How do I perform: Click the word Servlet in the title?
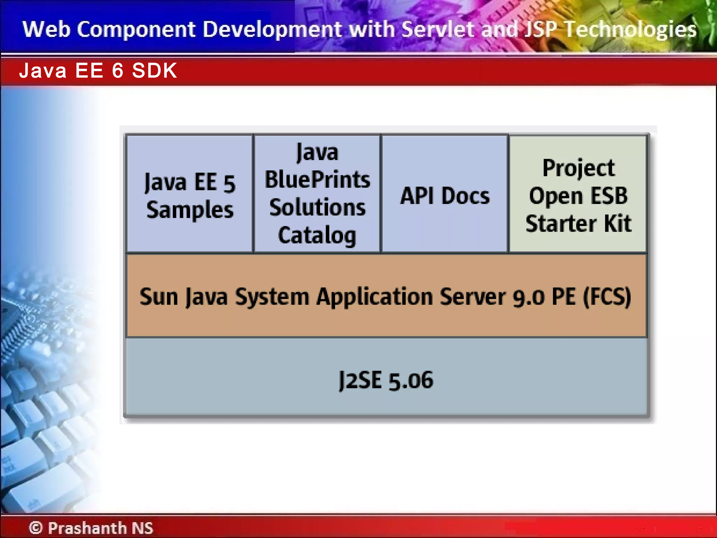439,29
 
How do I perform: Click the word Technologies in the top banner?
631,29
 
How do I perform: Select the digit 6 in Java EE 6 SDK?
118,71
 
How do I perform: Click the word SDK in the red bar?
154,71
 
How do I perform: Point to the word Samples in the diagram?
190,210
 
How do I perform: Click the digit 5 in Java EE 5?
229,183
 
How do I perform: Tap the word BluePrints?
317,180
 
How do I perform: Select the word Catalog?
317,235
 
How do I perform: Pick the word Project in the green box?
578,168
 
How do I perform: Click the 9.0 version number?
528,297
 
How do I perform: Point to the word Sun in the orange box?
159,297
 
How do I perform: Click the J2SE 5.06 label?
386,380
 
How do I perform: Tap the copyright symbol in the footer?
35,527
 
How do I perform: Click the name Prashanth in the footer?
87,527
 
